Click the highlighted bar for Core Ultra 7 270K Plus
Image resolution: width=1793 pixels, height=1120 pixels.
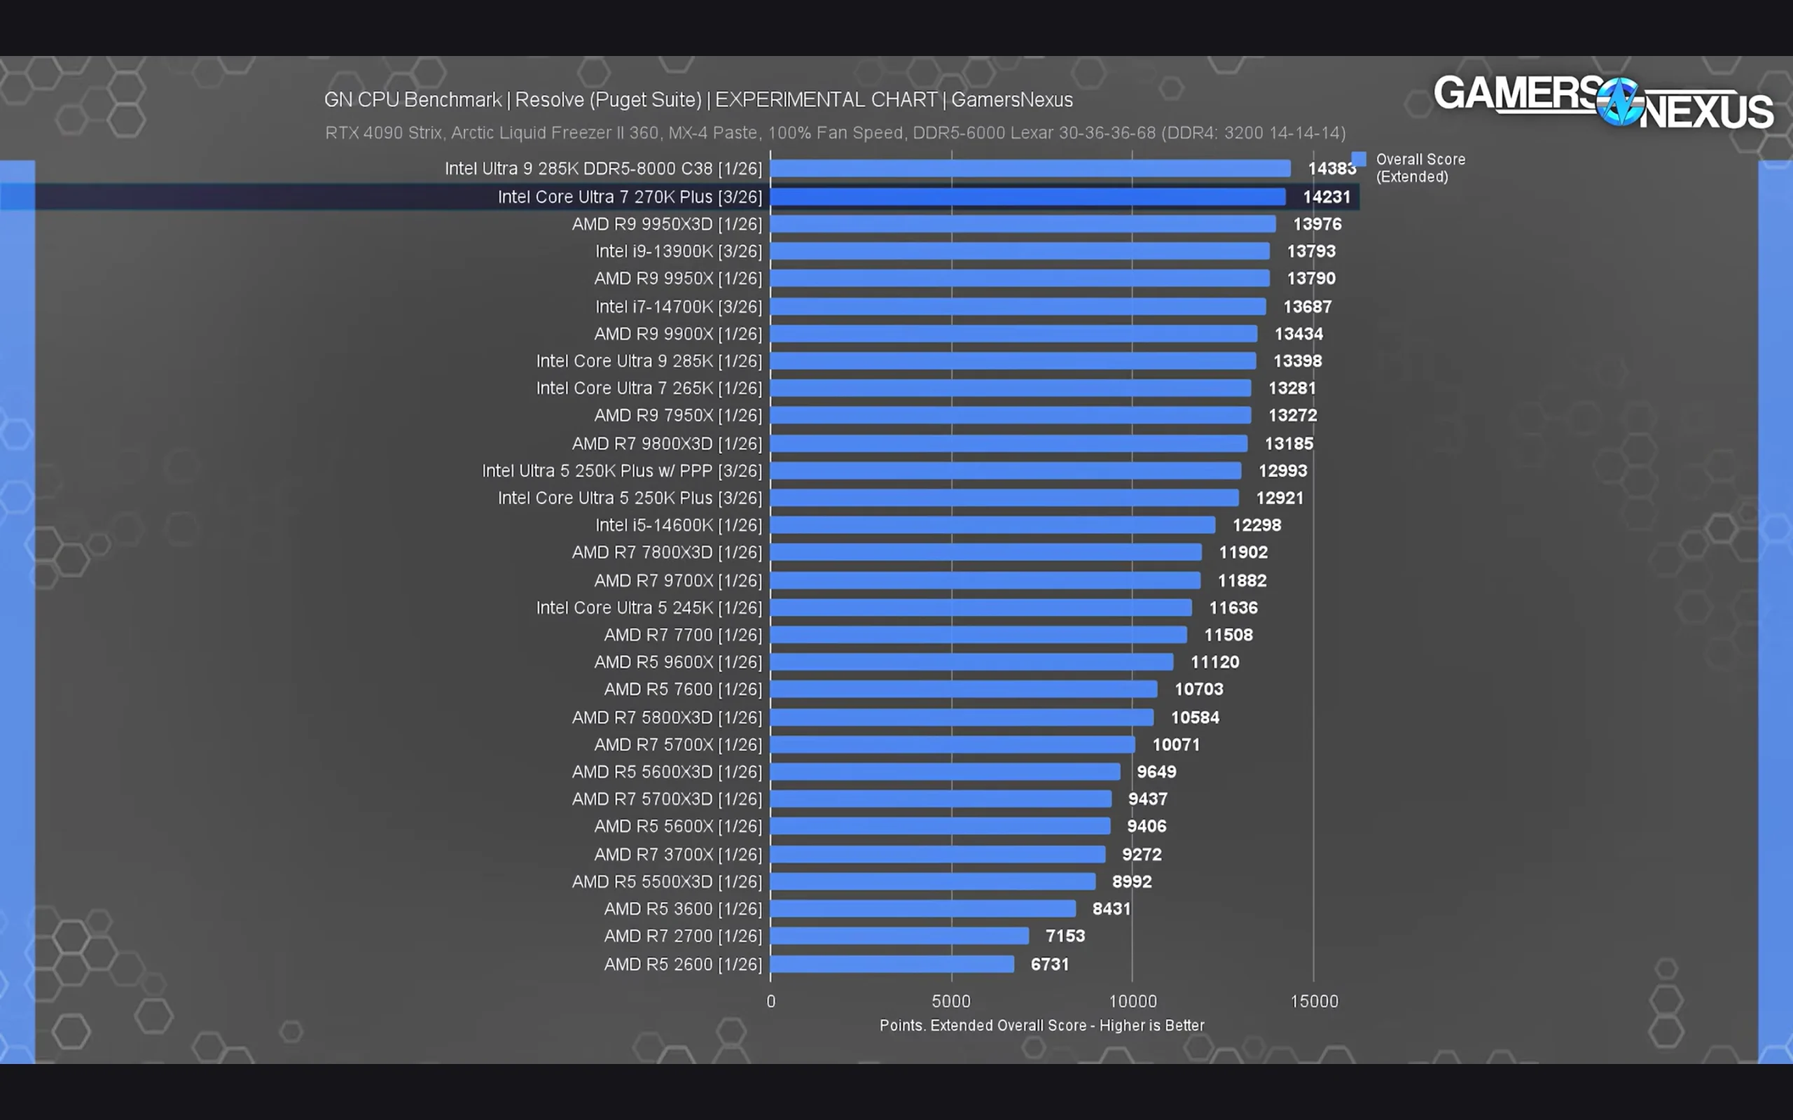(x=1027, y=197)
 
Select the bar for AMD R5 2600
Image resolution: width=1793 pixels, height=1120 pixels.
(x=892, y=964)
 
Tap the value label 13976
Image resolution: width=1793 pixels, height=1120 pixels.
(x=1317, y=225)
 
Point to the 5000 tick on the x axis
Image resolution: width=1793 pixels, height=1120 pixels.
(x=950, y=1002)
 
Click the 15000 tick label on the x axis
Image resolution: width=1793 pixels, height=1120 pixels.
(x=1314, y=1002)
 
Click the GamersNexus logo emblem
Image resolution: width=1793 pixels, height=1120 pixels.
(x=1619, y=101)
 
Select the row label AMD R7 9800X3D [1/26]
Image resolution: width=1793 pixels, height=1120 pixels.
(x=667, y=444)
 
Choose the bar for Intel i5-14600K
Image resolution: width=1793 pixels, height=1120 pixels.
(x=993, y=525)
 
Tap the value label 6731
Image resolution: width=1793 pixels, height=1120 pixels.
(x=1050, y=965)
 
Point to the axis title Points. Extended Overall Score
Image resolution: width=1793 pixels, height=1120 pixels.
(x=1041, y=1025)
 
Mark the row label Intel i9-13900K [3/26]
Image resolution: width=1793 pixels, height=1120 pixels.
(x=678, y=252)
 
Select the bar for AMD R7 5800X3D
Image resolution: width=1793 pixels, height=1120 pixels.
(x=962, y=717)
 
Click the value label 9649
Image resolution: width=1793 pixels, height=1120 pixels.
(x=1156, y=772)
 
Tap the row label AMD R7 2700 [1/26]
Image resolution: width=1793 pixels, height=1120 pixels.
(x=682, y=937)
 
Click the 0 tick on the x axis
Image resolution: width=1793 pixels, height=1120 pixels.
(x=770, y=1002)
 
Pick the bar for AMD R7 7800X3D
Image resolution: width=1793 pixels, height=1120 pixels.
(x=986, y=552)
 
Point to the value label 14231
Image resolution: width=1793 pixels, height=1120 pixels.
(x=1327, y=197)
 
